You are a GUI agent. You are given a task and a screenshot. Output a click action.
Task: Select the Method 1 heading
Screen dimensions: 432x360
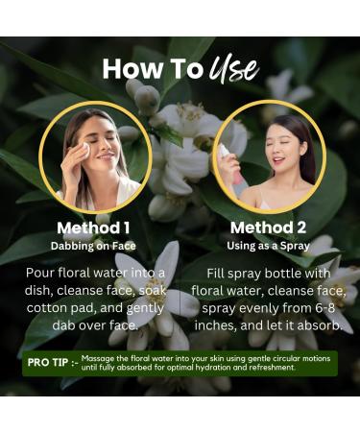(x=93, y=228)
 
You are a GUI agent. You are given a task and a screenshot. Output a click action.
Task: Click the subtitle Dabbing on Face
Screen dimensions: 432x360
(x=93, y=245)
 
